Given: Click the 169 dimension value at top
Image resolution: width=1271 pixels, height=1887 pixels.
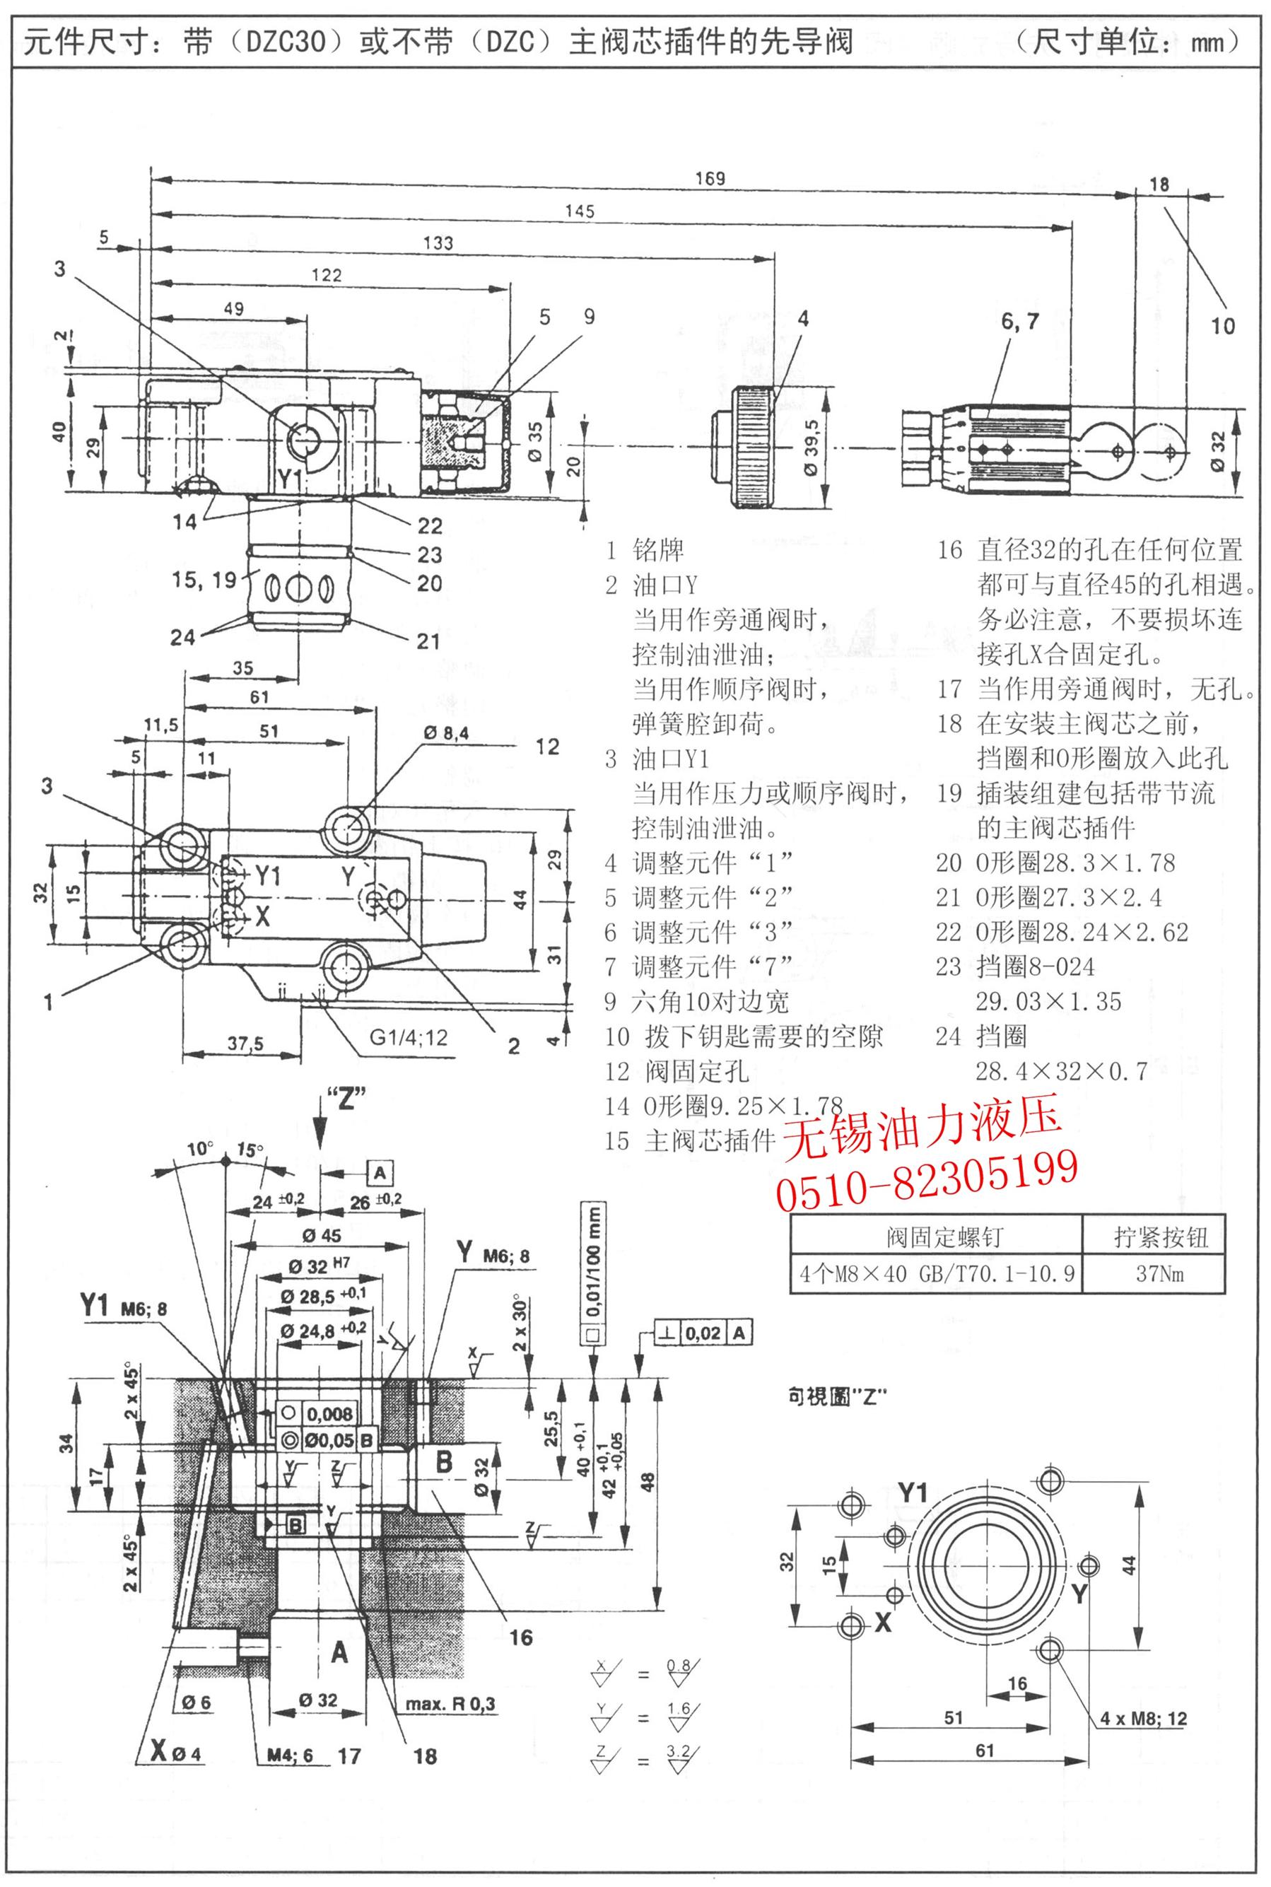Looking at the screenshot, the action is point(709,178).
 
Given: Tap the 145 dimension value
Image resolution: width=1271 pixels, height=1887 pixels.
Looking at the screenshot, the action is point(580,211).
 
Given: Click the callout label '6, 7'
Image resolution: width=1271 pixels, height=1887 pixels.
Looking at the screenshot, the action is point(1020,322).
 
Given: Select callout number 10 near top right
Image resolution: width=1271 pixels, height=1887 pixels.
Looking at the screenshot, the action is point(1222,326).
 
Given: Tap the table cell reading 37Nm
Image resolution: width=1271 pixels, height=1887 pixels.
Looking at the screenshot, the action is point(1160,1273).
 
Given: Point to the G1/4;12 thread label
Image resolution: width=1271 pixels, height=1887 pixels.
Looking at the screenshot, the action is point(409,1036).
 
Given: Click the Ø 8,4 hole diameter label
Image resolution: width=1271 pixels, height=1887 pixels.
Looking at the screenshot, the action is point(445,732).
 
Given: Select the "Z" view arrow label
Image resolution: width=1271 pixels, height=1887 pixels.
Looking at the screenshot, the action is point(346,1100).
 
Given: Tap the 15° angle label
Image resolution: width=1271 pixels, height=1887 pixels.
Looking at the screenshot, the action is point(250,1150).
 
